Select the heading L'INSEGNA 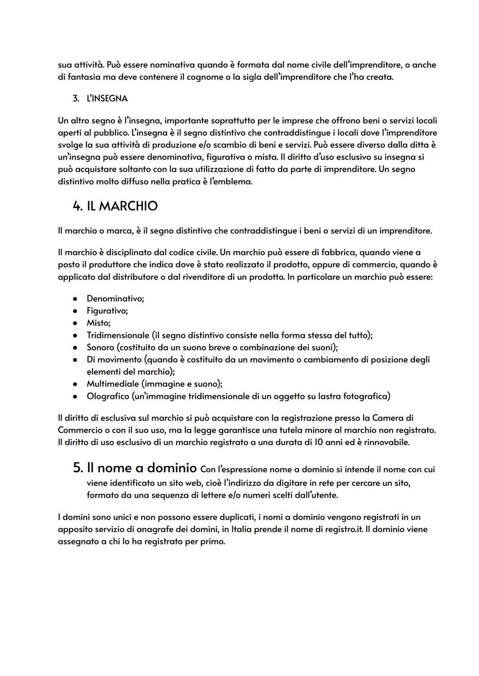pos(107,98)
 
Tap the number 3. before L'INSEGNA pos(76,98)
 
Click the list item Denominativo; pos(115,298)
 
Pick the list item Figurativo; pos(107,311)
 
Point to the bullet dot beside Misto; pos(76,323)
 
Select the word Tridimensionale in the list pos(118,335)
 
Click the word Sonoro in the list pos(100,347)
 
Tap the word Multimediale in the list pos(113,384)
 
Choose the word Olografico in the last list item pos(107,396)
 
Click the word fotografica pos(366,396)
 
